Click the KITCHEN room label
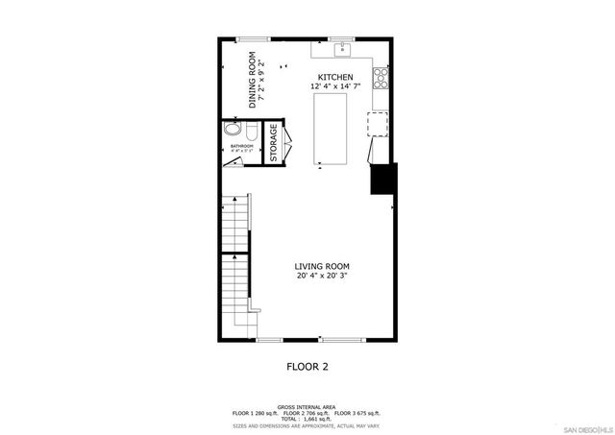pyautogui.click(x=335, y=77)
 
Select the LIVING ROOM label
pyautogui.click(x=322, y=266)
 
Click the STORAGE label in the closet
pyautogui.click(x=273, y=143)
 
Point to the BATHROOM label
pyautogui.click(x=241, y=146)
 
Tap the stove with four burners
pyautogui.click(x=381, y=77)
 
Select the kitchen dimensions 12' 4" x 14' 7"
pyautogui.click(x=335, y=87)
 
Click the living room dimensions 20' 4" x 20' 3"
pyautogui.click(x=322, y=277)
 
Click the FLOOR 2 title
pyautogui.click(x=308, y=366)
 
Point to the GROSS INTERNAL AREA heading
pyautogui.click(x=307, y=407)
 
